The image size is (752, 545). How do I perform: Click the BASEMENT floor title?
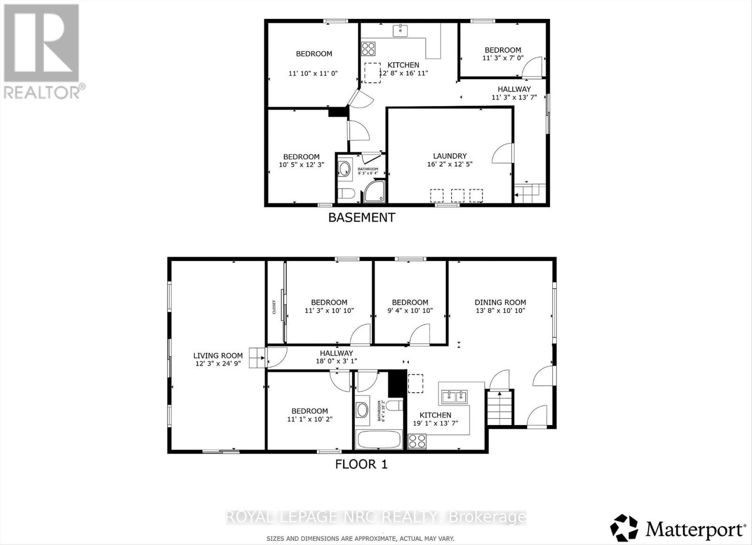coord(361,217)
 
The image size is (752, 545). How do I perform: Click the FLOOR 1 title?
coord(361,464)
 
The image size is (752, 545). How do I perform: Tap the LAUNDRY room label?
coord(450,156)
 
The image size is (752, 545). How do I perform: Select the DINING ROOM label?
coord(500,302)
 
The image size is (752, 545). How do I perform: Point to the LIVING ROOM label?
coord(218,355)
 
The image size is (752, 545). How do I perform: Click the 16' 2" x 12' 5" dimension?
coord(450,164)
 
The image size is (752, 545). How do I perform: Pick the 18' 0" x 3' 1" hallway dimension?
coord(336,361)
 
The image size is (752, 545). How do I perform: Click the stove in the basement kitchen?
coord(368,48)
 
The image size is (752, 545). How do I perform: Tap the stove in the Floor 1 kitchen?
coord(417,441)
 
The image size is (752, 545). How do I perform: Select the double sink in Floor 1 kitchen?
coord(454,397)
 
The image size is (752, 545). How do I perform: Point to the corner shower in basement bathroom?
coord(375,192)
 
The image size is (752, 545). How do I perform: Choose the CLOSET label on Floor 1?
coord(274,307)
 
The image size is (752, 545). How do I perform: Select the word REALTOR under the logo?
coord(42,92)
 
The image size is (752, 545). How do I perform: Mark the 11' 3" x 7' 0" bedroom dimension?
coord(502,58)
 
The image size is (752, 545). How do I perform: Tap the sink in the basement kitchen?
coord(400,31)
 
